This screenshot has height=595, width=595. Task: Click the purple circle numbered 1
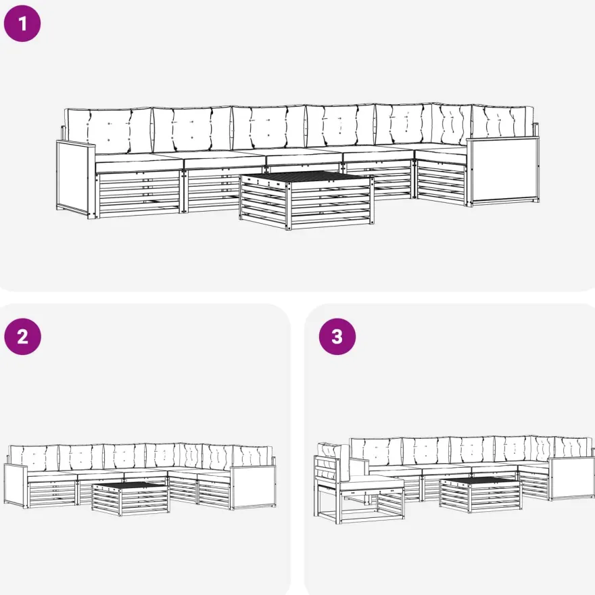click(22, 24)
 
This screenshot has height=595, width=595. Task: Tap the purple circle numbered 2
click(22, 337)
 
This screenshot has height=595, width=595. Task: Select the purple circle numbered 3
click(337, 337)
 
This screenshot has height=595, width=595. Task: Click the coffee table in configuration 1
click(306, 199)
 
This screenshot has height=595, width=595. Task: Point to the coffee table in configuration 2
click(130, 498)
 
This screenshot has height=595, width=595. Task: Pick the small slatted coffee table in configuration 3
click(481, 494)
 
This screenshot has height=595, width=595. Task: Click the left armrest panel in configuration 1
click(76, 179)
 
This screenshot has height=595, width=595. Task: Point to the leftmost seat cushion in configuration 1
click(139, 163)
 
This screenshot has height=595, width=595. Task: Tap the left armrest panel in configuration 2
click(16, 485)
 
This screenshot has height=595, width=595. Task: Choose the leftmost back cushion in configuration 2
click(34, 458)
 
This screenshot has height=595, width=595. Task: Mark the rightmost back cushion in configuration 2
click(252, 456)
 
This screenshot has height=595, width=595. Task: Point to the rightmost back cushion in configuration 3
click(573, 448)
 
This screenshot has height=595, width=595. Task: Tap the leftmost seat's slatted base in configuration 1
click(139, 193)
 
